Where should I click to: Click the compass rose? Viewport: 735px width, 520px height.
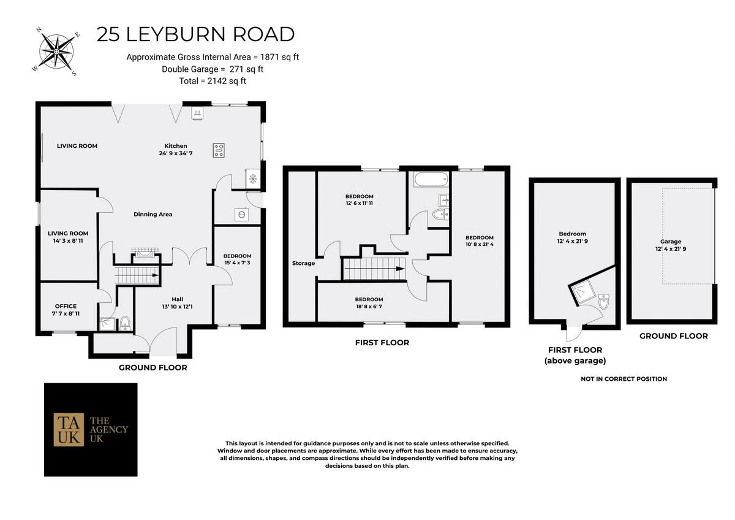(56, 52)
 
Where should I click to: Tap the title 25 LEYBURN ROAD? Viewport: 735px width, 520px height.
(195, 34)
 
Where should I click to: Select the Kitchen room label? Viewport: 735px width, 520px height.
(176, 146)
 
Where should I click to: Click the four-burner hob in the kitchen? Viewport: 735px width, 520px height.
(219, 150)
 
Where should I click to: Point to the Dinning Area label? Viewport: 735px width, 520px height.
(153, 215)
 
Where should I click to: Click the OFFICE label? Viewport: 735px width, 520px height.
(66, 306)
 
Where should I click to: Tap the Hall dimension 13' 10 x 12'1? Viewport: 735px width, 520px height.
(177, 307)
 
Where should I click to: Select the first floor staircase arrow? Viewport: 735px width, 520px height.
(374, 269)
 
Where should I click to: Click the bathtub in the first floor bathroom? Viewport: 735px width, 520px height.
(431, 179)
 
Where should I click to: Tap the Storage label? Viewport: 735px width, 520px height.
(304, 263)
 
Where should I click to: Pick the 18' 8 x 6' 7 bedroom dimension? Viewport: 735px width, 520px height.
(369, 307)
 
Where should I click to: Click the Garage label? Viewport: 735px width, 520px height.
(671, 242)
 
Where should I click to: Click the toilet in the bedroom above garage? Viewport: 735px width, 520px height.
(604, 302)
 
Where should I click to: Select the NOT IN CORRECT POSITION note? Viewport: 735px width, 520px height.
(624, 379)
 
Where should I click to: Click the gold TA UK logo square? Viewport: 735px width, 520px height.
(69, 429)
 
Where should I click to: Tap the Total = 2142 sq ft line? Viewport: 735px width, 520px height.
(213, 81)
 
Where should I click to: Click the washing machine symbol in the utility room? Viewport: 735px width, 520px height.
(241, 215)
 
